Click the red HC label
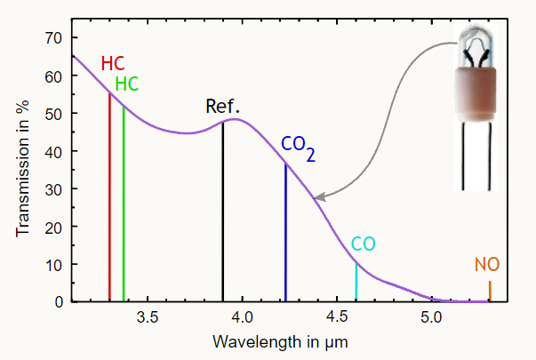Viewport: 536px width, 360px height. pos(113,64)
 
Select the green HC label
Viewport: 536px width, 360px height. pos(127,84)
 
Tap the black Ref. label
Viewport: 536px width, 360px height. pos(223,108)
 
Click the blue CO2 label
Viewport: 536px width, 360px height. pos(297,145)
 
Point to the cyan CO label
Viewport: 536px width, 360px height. pos(363,244)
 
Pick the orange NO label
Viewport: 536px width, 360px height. pos(486,265)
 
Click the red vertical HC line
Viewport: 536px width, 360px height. pos(109,196)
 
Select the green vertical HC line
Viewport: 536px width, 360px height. pos(124,204)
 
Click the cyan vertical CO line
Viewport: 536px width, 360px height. pos(356,282)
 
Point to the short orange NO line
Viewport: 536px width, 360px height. pos(490,291)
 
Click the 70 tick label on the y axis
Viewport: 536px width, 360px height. pos(53,38)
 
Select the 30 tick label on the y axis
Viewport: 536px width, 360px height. pos(53,189)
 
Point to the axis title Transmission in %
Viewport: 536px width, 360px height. pos(21,169)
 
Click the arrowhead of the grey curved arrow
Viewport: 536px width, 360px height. pos(317,197)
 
